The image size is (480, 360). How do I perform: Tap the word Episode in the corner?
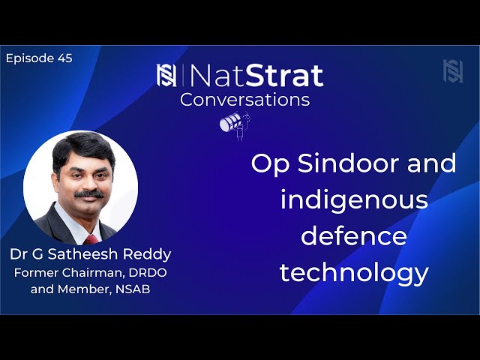pos(29,58)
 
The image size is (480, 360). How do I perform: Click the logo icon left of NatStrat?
pos(166,75)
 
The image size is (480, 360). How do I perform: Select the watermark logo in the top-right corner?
pos(452,71)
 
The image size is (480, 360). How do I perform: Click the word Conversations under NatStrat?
pos(244,99)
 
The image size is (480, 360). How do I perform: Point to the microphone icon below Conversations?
pos(233,123)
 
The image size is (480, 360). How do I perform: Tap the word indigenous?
pos(354,200)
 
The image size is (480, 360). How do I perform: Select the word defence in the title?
pos(354,236)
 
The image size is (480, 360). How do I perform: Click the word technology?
pos(354,272)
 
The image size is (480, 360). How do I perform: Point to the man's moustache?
pos(88,193)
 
